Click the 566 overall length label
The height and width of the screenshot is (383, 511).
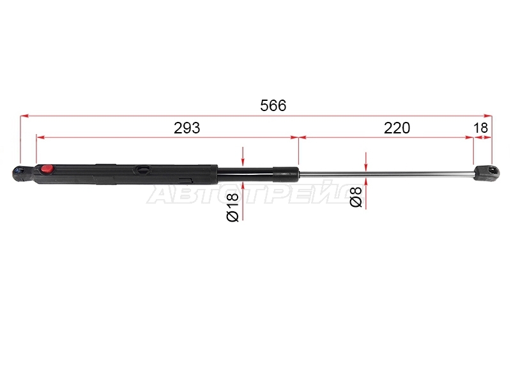pos(273,105)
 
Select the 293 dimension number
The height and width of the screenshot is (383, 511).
pos(187,128)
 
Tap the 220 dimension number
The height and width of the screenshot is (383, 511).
pos(397,128)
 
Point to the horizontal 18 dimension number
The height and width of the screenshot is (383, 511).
pos(481,128)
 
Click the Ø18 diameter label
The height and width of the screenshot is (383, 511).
pos(233,207)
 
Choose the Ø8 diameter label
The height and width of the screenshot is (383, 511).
pos(356,197)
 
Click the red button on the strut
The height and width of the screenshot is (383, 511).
pos(47,169)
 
